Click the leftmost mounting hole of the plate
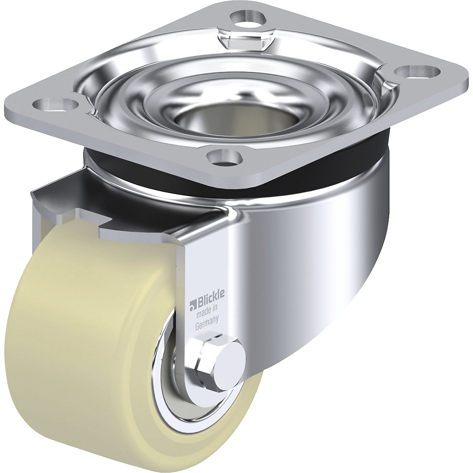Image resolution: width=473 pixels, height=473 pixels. [55, 104]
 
